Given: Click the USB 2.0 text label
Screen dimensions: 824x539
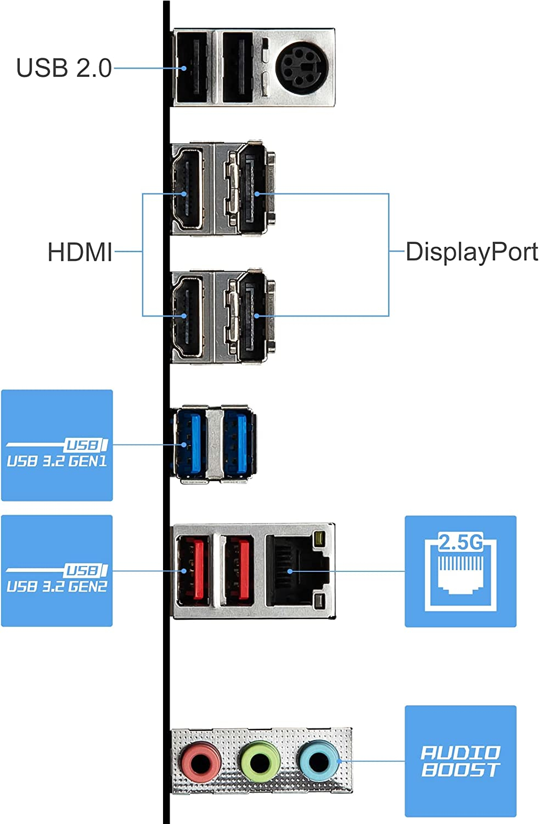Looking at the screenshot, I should click(64, 68).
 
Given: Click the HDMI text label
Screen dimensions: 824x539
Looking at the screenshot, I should click(80, 252).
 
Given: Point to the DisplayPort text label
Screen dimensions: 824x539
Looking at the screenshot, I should click(471, 252).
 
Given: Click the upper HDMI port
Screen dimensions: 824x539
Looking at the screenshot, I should click(188, 190).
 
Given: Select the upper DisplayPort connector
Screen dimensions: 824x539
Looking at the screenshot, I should click(252, 190).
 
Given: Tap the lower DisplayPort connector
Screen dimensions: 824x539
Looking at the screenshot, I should click(252, 316).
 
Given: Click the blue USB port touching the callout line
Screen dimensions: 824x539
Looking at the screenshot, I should click(189, 444).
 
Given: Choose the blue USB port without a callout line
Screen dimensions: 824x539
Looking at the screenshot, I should click(238, 444).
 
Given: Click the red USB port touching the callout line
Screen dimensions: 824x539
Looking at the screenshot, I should click(193, 571).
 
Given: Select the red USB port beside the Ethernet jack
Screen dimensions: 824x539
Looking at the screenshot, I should click(238, 571).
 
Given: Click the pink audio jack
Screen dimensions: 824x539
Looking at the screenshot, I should click(201, 761).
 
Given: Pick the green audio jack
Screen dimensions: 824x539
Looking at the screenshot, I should click(260, 761).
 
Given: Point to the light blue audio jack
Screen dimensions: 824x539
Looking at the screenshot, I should click(318, 761).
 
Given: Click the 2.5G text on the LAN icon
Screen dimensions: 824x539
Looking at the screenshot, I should click(461, 543).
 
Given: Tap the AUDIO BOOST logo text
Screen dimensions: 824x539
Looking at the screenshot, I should click(461, 761).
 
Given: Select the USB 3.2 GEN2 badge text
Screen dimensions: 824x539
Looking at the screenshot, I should click(57, 586).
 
